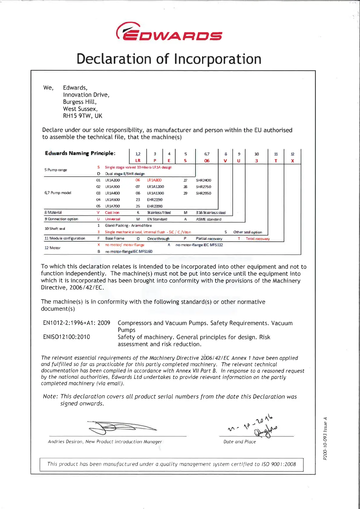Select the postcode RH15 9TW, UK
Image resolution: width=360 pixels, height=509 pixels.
pyautogui.click(x=83, y=116)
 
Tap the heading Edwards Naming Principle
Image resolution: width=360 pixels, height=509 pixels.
pyautogui.click(x=80, y=153)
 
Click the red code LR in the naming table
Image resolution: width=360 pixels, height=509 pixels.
pyautogui.click(x=138, y=161)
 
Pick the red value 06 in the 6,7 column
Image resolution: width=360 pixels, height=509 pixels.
pyautogui.click(x=207, y=161)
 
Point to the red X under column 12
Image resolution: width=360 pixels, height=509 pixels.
pyautogui.click(x=293, y=161)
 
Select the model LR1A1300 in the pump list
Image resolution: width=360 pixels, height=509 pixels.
pyautogui.click(x=155, y=193)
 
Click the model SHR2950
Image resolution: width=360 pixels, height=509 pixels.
pyautogui.click(x=204, y=193)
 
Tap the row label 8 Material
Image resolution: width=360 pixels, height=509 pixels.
pyautogui.click(x=53, y=213)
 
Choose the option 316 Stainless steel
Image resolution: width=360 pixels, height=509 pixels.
pyautogui.click(x=211, y=213)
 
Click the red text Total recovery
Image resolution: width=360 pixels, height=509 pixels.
pyautogui.click(x=258, y=239)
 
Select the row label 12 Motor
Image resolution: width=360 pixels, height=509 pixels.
pyautogui.click(x=52, y=248)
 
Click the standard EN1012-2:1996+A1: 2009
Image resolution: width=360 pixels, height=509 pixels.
pyautogui.click(x=77, y=323)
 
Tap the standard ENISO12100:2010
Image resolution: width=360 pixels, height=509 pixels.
pyautogui.click(x=67, y=337)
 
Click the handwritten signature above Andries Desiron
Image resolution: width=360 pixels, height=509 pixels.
pyautogui.click(x=121, y=427)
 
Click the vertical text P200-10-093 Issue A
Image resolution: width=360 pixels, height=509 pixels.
pyautogui.click(x=325, y=439)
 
